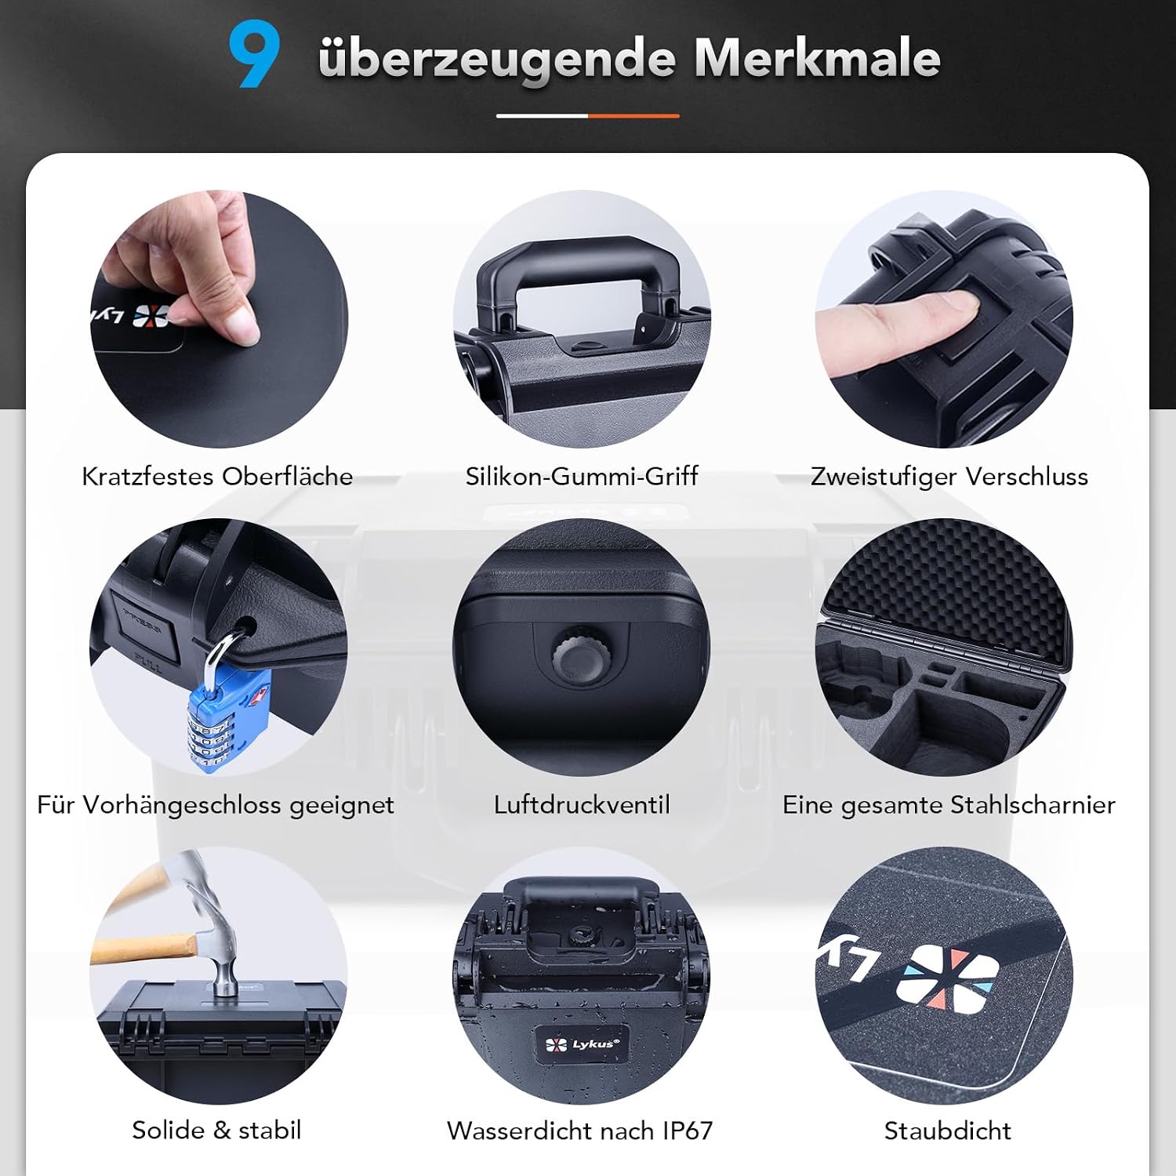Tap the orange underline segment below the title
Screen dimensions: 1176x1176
[x=633, y=116]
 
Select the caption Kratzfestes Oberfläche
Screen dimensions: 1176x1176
[x=217, y=476]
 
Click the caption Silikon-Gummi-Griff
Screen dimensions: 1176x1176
[x=582, y=476]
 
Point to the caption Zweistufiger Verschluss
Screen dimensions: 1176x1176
[x=949, y=476]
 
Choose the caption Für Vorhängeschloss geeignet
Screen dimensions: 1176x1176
[x=216, y=804]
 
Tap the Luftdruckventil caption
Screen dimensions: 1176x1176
[x=582, y=804]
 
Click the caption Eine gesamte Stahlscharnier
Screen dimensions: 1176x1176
[x=949, y=804]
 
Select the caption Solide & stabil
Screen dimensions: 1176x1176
[x=216, y=1130]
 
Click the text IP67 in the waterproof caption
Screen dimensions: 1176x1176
[x=688, y=1131]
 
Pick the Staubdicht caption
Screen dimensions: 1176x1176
[x=948, y=1131]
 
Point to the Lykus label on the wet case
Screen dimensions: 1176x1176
[x=581, y=1044]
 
